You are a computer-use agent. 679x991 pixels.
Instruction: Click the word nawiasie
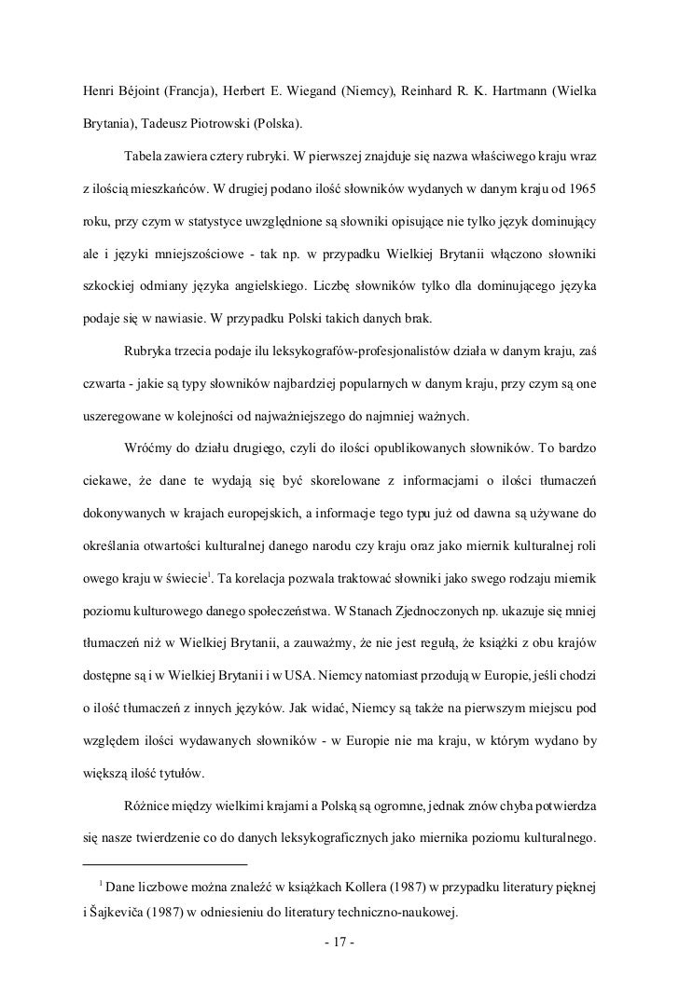178,318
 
